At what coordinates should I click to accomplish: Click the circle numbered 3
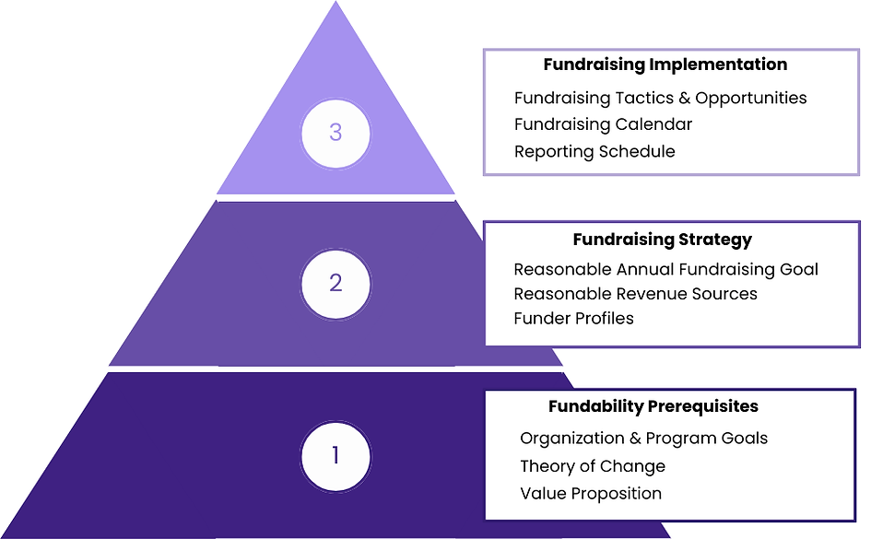(x=335, y=133)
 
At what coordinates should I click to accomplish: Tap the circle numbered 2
(x=335, y=282)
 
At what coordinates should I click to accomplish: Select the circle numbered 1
(x=335, y=455)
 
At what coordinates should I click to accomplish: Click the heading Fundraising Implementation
(x=665, y=64)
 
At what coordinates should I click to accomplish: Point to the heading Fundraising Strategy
(x=662, y=240)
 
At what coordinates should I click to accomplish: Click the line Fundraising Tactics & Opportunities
(x=660, y=98)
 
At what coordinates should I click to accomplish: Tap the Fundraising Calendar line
(x=603, y=123)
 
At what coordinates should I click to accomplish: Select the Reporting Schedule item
(x=594, y=151)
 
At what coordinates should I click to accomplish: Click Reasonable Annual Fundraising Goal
(x=665, y=269)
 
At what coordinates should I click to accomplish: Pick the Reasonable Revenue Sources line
(x=635, y=294)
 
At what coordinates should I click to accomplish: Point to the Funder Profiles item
(x=573, y=319)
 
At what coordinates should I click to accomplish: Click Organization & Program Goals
(x=643, y=439)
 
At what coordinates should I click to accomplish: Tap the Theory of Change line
(x=592, y=466)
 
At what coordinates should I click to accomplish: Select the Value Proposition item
(x=590, y=493)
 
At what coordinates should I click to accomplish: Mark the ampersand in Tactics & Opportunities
(x=684, y=98)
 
